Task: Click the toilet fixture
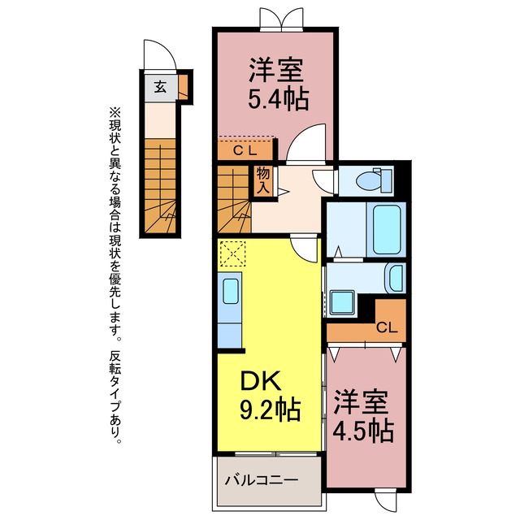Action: pyautogui.click(x=375, y=180)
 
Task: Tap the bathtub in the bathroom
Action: pyautogui.click(x=387, y=229)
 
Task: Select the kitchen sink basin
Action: pyautogui.click(x=231, y=291)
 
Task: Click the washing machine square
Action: pyautogui.click(x=343, y=302)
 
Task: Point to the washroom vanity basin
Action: pyautogui.click(x=395, y=278)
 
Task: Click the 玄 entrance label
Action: pyautogui.click(x=160, y=87)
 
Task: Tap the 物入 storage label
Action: pyautogui.click(x=263, y=181)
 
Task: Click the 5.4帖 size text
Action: pyautogui.click(x=278, y=99)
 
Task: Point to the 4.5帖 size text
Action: pyautogui.click(x=363, y=431)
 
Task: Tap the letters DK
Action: pyautogui.click(x=261, y=381)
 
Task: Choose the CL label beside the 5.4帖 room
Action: pyautogui.click(x=245, y=151)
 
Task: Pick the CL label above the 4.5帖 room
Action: pyautogui.click(x=387, y=327)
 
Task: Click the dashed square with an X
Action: pyautogui.click(x=233, y=253)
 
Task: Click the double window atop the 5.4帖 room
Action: pyautogui.click(x=282, y=19)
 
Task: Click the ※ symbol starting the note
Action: pyautogui.click(x=115, y=112)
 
